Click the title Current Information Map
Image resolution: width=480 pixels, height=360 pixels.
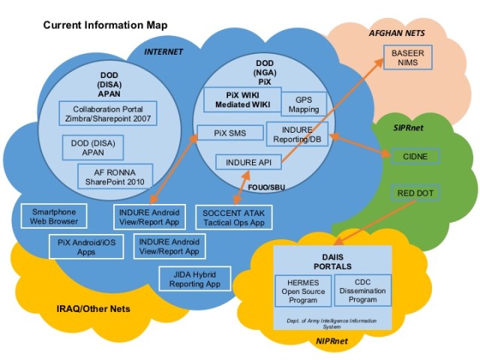point(105,25)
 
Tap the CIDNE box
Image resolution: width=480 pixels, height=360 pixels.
point(415,156)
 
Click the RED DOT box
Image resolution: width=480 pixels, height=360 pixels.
point(415,193)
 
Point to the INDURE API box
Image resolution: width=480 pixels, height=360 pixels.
point(248,161)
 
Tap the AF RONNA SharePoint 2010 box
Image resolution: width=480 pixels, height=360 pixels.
point(115,176)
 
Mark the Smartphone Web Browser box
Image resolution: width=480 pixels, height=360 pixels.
point(53,217)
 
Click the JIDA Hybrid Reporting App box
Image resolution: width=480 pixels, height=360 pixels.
point(190,279)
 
